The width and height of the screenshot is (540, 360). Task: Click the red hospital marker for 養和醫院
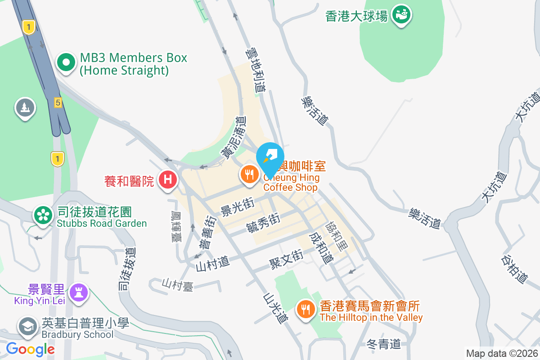(x=167, y=180)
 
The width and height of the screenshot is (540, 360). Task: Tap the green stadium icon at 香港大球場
(x=401, y=15)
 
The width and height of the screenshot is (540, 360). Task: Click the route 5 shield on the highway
(x=57, y=103)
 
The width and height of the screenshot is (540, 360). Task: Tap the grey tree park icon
(x=25, y=108)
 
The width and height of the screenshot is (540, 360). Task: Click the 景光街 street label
(x=237, y=206)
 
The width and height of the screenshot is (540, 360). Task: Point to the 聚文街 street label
(x=286, y=258)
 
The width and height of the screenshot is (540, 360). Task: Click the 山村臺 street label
(x=178, y=284)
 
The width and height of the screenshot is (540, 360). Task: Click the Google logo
(x=30, y=349)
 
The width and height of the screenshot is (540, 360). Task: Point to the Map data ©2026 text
(x=501, y=353)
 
